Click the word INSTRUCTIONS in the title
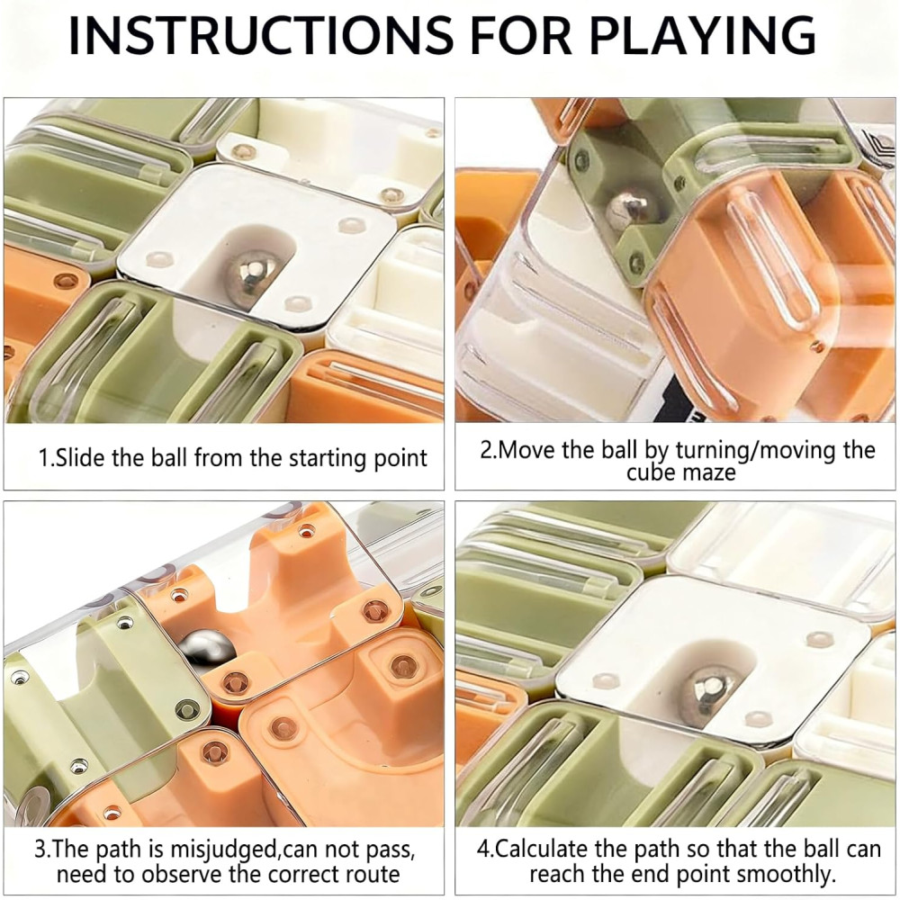[x=261, y=36]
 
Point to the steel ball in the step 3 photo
[x=206, y=649]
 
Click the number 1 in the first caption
[x=42, y=458]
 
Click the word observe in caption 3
[x=183, y=874]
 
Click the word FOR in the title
[x=521, y=36]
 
